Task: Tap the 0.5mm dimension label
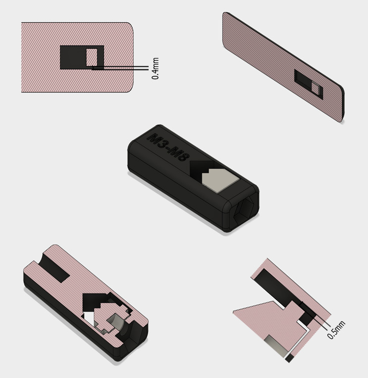(336, 329)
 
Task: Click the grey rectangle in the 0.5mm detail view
(276, 348)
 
